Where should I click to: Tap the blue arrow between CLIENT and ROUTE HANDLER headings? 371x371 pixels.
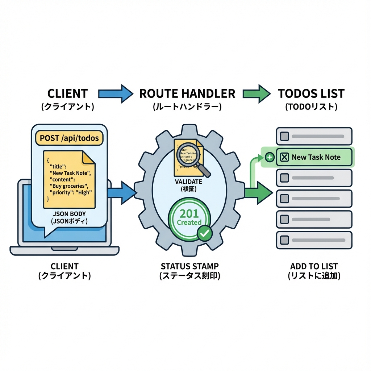(116, 93)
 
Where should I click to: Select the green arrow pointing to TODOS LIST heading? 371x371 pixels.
(256, 93)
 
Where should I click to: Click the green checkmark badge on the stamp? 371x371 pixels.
(205, 233)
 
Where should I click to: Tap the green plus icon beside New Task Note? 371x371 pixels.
(269, 157)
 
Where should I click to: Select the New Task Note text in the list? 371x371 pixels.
(316, 157)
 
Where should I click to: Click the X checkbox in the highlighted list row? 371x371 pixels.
(285, 157)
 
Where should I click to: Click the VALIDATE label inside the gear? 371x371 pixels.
(188, 182)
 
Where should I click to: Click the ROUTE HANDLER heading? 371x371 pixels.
(187, 93)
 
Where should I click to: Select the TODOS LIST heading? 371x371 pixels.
(311, 93)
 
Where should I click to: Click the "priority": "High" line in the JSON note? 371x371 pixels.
(70, 192)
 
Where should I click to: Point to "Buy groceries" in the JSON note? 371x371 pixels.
(68, 186)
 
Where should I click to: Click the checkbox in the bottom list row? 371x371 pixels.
(285, 240)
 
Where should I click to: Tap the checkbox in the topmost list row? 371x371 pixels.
(285, 136)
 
